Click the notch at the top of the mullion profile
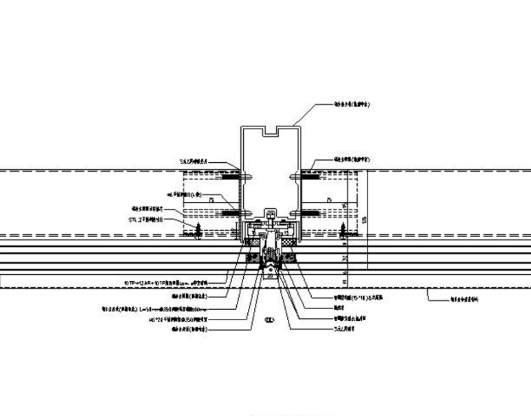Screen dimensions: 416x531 270,131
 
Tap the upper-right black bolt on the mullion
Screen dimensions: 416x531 309,178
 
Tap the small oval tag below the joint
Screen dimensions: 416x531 268,321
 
